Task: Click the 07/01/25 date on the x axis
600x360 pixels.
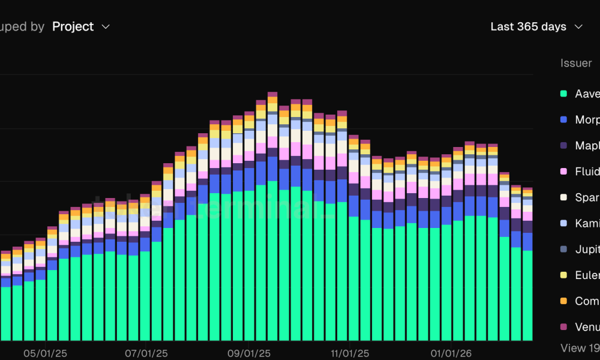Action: click(x=146, y=354)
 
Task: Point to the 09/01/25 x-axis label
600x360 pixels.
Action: click(x=249, y=354)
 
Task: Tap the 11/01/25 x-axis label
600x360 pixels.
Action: click(x=350, y=354)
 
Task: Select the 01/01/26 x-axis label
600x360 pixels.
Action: click(x=452, y=354)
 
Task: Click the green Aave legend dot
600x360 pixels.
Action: click(x=563, y=94)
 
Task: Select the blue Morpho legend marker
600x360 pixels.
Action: click(x=563, y=119)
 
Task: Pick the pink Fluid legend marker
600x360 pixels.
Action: click(x=563, y=172)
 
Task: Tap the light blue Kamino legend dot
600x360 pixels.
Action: click(x=563, y=223)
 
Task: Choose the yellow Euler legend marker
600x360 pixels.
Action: click(x=563, y=275)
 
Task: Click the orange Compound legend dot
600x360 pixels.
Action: click(x=563, y=301)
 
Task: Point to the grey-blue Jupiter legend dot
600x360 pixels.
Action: click(x=563, y=249)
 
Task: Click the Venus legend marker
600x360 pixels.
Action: click(x=563, y=327)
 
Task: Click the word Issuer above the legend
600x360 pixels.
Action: click(x=576, y=63)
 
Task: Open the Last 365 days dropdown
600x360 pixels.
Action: click(x=528, y=26)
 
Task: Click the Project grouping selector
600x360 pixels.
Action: click(x=73, y=26)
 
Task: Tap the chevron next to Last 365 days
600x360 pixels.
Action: click(x=578, y=26)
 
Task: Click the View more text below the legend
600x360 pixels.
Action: click(x=580, y=348)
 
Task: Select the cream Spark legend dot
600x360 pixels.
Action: click(x=563, y=197)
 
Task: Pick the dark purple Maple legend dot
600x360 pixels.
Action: click(x=563, y=145)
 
